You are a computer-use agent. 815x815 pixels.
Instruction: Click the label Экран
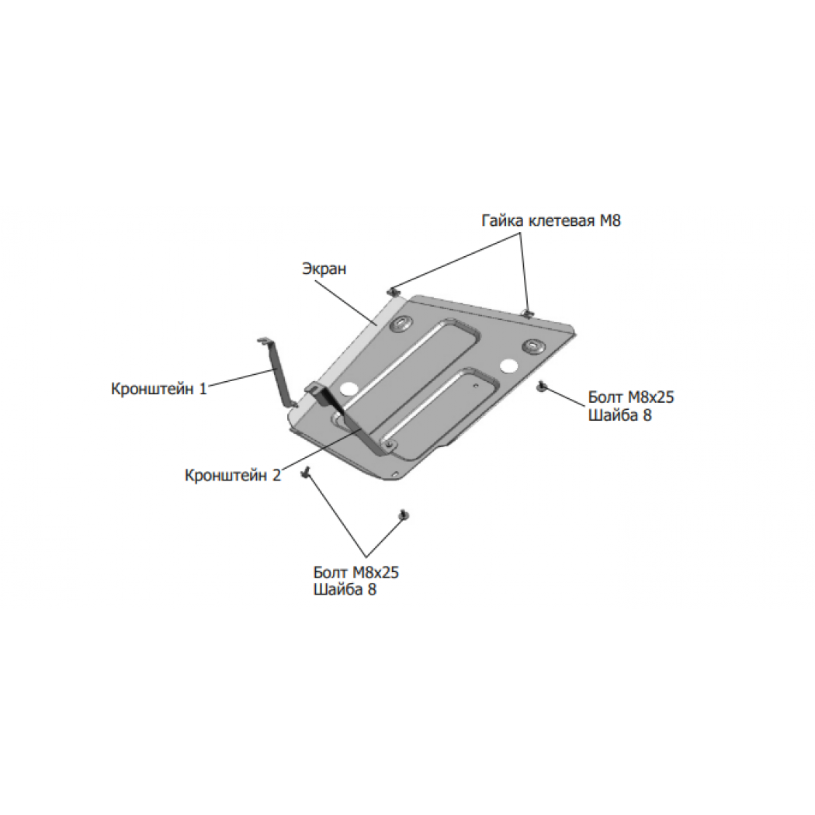coord(324,269)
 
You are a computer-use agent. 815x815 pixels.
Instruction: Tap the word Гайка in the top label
coord(503,220)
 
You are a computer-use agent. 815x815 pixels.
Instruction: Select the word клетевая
coord(561,221)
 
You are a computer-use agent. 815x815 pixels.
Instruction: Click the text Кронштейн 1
coord(158,388)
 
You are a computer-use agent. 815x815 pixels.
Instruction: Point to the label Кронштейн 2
coord(232,475)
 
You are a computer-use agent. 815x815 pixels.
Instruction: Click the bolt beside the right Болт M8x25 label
coord(543,387)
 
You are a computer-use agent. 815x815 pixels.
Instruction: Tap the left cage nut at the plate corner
coord(394,292)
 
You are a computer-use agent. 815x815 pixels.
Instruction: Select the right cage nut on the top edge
coord(528,312)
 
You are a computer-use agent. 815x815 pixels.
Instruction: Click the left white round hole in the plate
coord(347,388)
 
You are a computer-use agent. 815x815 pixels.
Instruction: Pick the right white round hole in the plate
coord(508,366)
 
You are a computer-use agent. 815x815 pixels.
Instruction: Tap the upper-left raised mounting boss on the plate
coord(401,324)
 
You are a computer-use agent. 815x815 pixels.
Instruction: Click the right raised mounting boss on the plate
coord(532,345)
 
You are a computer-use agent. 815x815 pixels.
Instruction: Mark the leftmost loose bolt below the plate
coord(306,472)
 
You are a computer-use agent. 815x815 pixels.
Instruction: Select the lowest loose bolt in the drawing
coord(403,515)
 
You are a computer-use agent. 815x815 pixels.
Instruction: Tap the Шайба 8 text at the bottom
coord(345,590)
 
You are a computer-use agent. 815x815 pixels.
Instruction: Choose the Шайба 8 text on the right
coord(619,414)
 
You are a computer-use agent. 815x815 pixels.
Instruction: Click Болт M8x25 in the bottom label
coord(356,572)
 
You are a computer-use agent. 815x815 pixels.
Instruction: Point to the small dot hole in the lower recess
coord(476,386)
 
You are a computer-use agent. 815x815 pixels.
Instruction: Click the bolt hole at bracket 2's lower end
coord(388,445)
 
